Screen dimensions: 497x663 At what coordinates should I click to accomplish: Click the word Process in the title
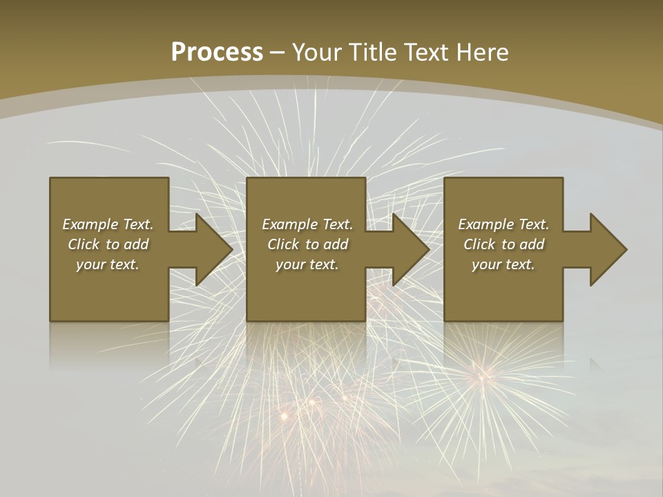pos(217,52)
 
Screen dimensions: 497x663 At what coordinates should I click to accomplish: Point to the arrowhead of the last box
pos(607,249)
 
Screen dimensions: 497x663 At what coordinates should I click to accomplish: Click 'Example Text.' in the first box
pos(108,224)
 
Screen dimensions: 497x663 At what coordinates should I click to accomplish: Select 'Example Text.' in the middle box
pos(307,224)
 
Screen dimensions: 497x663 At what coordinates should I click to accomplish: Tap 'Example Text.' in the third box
pos(503,224)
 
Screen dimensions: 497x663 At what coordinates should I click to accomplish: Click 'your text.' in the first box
pos(108,264)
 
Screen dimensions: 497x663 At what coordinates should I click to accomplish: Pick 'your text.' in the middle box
pos(307,264)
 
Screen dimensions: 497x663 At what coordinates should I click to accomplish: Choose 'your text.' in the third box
pos(503,264)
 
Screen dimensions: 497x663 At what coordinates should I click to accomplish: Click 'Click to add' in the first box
pos(108,244)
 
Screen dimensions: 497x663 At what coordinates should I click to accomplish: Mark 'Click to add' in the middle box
pos(307,244)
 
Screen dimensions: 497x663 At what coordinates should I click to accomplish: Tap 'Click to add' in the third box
pos(503,244)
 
